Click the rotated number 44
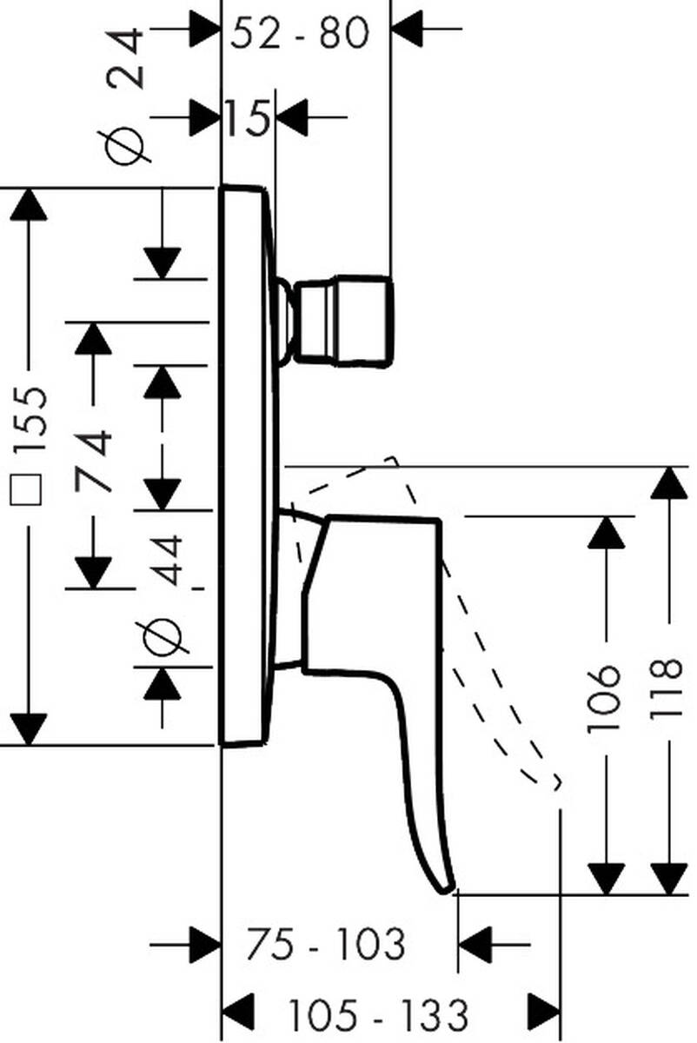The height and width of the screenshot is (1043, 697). pyautogui.click(x=164, y=561)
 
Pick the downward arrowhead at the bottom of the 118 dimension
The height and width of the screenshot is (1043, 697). pyautogui.click(x=669, y=878)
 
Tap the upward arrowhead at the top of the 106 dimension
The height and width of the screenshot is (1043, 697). pyautogui.click(x=607, y=532)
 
